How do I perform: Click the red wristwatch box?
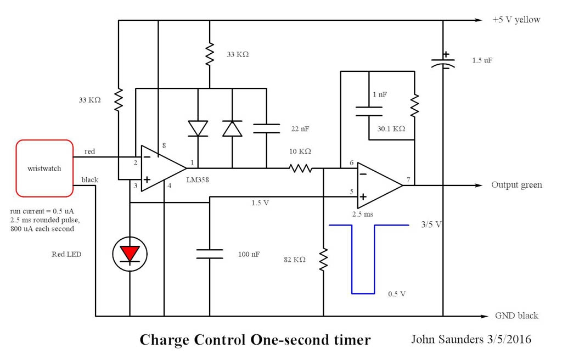tap(44, 168)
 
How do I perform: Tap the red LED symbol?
tap(130, 254)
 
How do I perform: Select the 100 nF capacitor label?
tap(249, 254)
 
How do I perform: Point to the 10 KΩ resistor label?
tap(300, 151)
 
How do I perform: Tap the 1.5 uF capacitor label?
tap(481, 60)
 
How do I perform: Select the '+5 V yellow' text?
tap(516, 20)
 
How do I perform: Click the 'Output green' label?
tap(516, 185)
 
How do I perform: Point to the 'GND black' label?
tap(516, 316)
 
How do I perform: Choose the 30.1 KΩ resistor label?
tap(391, 129)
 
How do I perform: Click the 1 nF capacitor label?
tap(379, 94)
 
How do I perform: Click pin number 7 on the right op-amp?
tap(408, 179)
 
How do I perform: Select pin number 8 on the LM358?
tap(164, 146)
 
